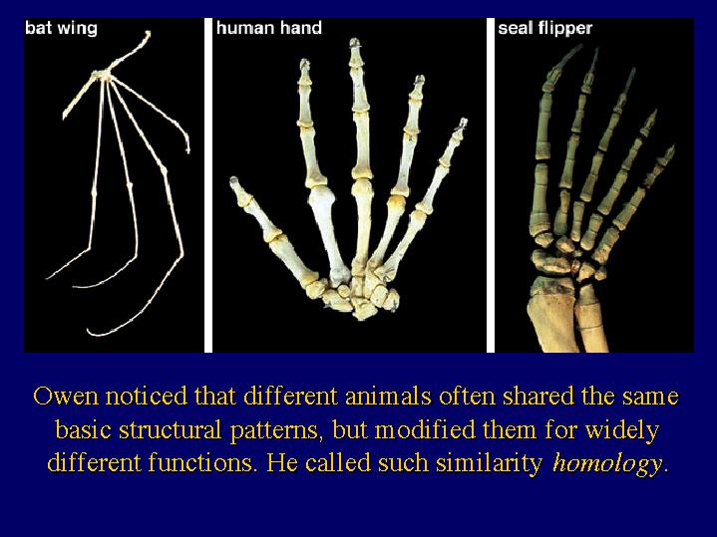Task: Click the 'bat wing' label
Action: coord(61,28)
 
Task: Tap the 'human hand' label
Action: coord(269,28)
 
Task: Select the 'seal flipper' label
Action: coord(545,29)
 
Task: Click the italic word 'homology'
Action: coord(607,463)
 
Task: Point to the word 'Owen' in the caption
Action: coord(66,396)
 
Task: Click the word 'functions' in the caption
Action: coord(200,462)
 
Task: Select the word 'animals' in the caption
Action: coord(388,396)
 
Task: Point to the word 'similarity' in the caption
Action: coord(489,463)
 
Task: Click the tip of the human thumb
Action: coord(234,180)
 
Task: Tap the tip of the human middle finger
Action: coord(355,42)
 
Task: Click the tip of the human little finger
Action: coord(463,122)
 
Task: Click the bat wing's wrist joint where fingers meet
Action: coord(103,76)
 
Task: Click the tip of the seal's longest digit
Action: coord(579,47)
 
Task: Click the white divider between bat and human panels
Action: coord(208,185)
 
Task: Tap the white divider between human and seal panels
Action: coord(491,185)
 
